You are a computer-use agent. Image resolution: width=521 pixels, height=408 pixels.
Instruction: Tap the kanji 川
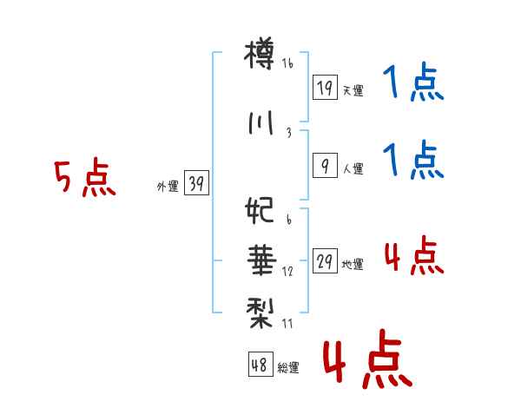260,123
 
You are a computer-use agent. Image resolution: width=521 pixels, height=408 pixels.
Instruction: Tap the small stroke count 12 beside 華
287,272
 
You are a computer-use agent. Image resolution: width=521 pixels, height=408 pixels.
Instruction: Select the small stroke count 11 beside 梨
288,323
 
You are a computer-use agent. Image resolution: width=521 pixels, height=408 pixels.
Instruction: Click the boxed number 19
325,89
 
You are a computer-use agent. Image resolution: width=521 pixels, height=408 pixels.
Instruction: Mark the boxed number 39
197,184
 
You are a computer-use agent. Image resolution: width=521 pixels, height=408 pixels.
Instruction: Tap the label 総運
288,367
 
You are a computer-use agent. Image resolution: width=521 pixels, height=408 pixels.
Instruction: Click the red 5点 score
85,179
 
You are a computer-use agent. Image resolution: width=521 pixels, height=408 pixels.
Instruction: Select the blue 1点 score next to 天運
413,85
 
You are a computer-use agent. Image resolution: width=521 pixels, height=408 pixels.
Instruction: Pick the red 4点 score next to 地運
413,257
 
